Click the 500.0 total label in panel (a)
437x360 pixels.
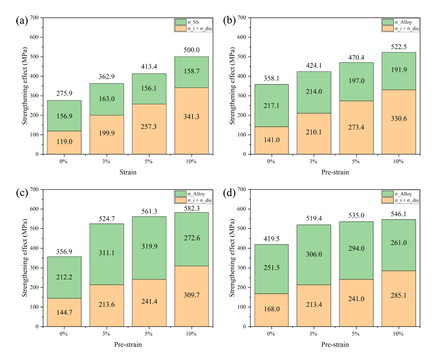[192, 50]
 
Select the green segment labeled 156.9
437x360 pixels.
[64, 116]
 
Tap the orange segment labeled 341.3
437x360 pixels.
[192, 121]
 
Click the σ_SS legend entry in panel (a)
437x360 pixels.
[193, 22]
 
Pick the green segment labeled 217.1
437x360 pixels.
[271, 106]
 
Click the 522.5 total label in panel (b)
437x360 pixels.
[399, 47]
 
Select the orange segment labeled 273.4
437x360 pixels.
[356, 127]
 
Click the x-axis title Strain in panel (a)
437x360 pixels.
[128, 172]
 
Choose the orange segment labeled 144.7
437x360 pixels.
[64, 312]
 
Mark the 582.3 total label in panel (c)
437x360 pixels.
[192, 208]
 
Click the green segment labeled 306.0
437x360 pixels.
[314, 254]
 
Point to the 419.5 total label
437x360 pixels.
[271, 239]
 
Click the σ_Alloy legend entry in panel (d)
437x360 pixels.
[403, 194]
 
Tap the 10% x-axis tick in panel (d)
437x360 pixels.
[398, 334]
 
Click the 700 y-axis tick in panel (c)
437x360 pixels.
[34, 190]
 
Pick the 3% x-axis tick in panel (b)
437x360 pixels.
[313, 161]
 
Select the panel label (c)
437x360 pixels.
[22, 193]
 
